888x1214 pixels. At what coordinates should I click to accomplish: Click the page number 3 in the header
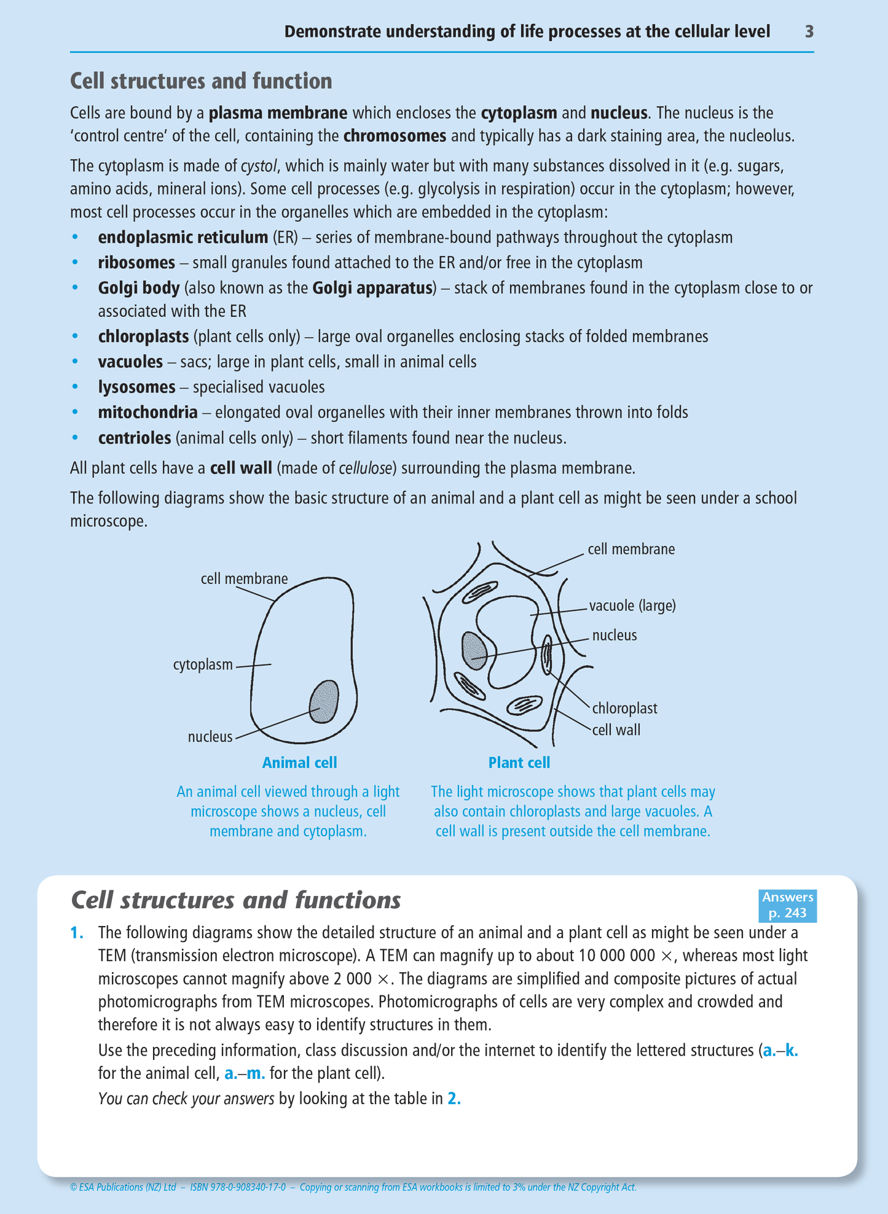pos(809,32)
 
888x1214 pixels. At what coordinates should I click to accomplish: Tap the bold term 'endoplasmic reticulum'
pos(183,238)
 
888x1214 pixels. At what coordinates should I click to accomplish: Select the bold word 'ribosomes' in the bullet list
pos(136,263)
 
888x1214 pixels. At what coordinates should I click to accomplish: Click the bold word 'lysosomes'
pos(136,387)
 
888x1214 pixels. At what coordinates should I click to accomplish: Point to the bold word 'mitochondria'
pos(147,412)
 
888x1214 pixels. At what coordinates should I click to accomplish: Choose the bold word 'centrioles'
pos(134,438)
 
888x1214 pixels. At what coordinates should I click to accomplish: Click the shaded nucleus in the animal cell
pos(324,701)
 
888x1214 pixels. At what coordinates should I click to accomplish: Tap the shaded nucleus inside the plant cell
pos(474,650)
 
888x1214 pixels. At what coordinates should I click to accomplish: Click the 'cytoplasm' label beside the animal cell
pos(203,665)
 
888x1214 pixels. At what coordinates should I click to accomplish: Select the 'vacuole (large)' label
pos(632,606)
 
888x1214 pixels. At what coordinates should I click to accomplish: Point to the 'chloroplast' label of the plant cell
pos(624,709)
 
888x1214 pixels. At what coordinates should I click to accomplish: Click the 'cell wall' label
pos(616,730)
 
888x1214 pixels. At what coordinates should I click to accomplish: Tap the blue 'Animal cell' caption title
pos(299,763)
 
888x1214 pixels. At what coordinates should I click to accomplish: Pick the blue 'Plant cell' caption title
pos(519,763)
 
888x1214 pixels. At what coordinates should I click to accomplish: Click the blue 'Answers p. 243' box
pos(787,905)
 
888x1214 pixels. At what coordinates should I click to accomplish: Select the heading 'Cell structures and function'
pos(201,81)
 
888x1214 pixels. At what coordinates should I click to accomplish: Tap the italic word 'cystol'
pos(259,166)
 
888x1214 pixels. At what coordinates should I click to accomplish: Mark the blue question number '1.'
pos(77,933)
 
